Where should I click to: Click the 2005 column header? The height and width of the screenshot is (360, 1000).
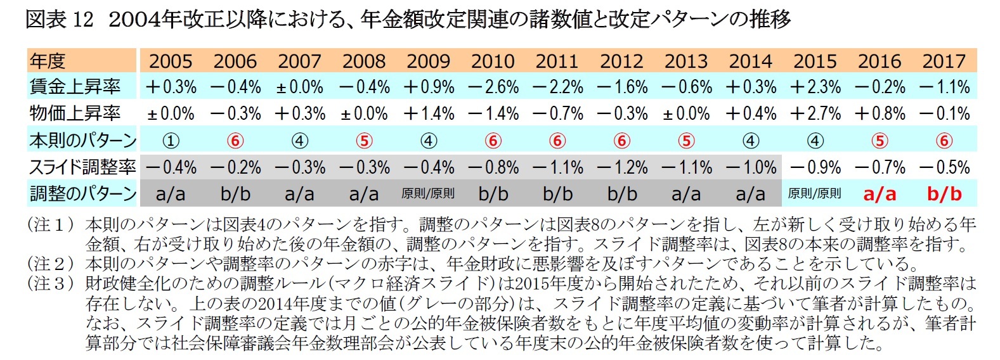(170, 61)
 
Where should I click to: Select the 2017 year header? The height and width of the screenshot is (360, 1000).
(944, 61)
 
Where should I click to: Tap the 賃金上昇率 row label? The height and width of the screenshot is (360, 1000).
(75, 87)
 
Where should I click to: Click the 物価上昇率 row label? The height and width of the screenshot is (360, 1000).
(75, 113)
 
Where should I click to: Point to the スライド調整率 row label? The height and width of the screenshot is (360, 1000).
(82, 167)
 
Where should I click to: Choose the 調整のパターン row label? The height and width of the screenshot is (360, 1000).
(82, 194)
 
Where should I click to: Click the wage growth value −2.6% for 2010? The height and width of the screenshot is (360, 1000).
(493, 87)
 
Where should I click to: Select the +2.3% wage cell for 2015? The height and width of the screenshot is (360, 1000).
(815, 87)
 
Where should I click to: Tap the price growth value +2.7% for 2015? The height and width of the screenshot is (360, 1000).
(815, 114)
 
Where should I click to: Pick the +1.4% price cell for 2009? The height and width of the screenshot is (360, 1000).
(428, 114)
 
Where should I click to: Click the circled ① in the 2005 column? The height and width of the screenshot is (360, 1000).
(171, 141)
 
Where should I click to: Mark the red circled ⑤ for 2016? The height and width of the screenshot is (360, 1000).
(880, 141)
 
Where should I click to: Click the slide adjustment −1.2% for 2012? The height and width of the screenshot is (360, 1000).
(621, 168)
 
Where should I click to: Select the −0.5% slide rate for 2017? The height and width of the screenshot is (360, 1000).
(944, 168)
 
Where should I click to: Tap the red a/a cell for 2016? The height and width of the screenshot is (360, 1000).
(880, 195)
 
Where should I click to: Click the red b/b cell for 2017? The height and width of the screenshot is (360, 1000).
(944, 195)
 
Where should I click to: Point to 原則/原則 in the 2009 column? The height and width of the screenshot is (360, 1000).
(428, 194)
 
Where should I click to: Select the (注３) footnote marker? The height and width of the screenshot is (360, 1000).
(49, 283)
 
